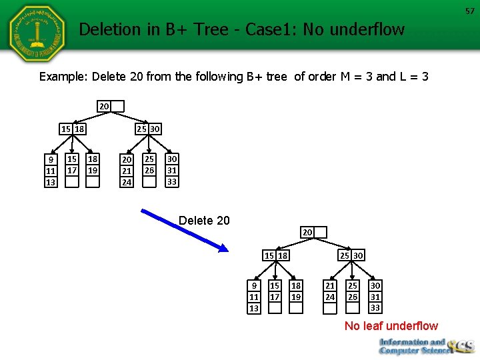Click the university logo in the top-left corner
tap(37, 33)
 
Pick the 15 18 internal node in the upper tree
tap(73, 129)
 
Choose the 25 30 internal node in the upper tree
tap(148, 129)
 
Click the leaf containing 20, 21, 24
tap(126, 170)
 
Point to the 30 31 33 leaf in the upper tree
tap(172, 170)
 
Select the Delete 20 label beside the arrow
tap(204, 221)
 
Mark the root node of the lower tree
tap(313, 232)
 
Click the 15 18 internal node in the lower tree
tap(275, 255)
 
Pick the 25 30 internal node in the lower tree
tap(351, 255)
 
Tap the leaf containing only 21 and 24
tap(330, 292)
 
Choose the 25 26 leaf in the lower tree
tap(353, 292)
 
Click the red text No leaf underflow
tap(391, 326)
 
